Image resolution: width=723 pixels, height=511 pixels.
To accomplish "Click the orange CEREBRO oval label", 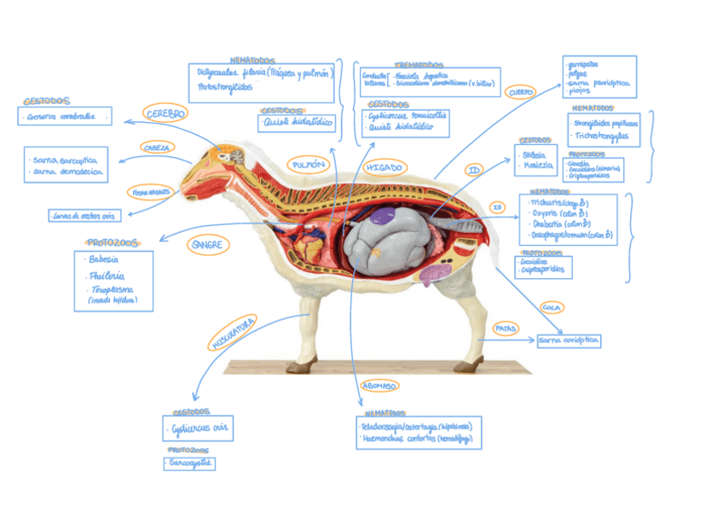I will (165, 113).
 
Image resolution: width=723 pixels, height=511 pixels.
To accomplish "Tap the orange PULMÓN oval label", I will (309, 164).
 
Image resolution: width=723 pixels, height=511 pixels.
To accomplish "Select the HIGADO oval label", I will (383, 168).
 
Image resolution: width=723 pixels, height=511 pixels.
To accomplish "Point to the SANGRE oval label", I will (208, 245).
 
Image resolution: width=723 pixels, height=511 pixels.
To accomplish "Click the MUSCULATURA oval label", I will (233, 333).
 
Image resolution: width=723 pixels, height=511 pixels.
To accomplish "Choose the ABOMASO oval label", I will (379, 386).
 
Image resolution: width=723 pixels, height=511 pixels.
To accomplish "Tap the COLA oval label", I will (551, 307).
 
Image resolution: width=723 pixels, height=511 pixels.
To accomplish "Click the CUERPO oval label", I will (519, 92).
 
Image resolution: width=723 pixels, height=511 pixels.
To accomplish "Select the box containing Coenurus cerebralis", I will (64, 117).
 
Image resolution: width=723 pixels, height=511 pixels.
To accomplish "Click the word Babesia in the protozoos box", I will (103, 259).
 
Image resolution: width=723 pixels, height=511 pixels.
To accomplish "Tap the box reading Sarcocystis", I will (189, 463).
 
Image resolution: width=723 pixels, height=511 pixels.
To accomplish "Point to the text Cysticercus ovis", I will (200, 428).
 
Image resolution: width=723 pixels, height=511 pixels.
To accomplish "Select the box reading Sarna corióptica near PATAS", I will (569, 341).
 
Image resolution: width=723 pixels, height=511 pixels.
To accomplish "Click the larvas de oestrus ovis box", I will (85, 216).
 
